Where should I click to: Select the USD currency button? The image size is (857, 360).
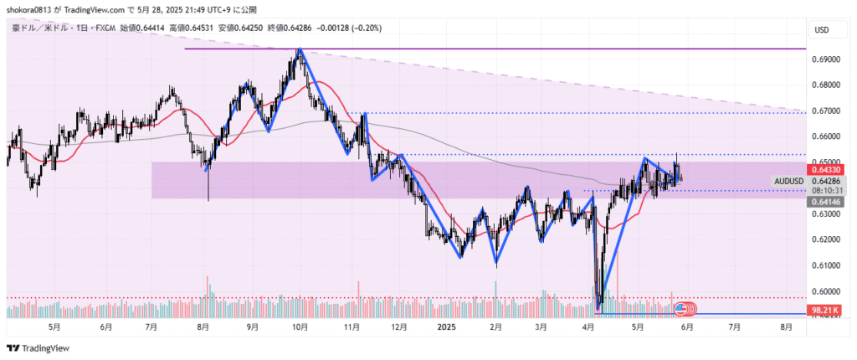[x=821, y=30]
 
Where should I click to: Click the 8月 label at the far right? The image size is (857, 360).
[x=785, y=327]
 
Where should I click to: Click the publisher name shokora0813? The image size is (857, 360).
[x=28, y=9]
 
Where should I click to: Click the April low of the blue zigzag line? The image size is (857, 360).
[x=598, y=311]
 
